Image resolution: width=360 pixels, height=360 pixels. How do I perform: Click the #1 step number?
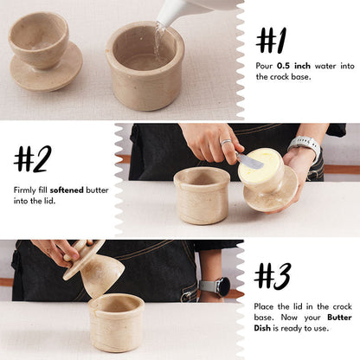(272, 40)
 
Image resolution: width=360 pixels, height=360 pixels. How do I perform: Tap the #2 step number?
(33, 158)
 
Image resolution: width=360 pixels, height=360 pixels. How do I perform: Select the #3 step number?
(273, 274)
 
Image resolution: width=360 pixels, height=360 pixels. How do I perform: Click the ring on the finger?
(225, 142)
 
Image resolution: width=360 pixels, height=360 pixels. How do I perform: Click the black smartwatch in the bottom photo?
(220, 286)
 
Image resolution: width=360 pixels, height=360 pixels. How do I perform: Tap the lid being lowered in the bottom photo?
(95, 271)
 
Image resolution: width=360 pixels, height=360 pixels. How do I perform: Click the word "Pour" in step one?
(265, 65)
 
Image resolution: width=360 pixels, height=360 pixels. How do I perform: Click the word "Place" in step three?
(267, 306)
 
